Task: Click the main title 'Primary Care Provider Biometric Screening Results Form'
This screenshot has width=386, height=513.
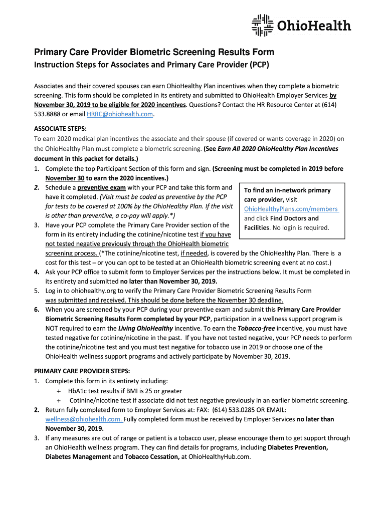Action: tap(153, 52)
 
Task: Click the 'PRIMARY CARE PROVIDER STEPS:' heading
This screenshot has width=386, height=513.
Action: tap(82, 371)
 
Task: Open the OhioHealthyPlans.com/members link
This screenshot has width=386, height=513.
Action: tap(291, 209)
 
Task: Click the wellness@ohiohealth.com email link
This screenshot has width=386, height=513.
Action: tap(83, 419)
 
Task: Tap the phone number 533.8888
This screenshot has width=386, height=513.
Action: tap(48, 114)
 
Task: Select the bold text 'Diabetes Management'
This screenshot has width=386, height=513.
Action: tap(78, 456)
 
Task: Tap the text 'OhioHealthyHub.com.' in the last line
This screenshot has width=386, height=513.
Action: tap(219, 456)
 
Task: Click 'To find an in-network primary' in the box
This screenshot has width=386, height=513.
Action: tap(287, 190)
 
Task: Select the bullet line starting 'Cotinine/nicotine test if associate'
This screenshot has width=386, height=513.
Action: tap(209, 400)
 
